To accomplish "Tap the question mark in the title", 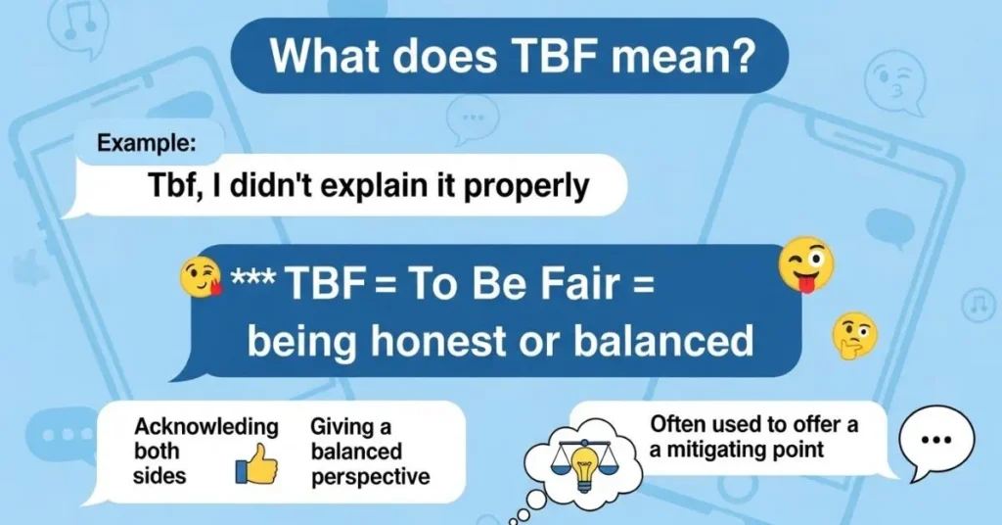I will click(x=746, y=57).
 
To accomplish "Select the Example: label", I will click(x=147, y=143).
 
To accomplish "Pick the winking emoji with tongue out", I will click(x=805, y=263).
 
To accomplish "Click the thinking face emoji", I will click(x=853, y=337).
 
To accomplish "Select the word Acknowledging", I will click(x=206, y=427).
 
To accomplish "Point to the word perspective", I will click(x=370, y=477).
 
